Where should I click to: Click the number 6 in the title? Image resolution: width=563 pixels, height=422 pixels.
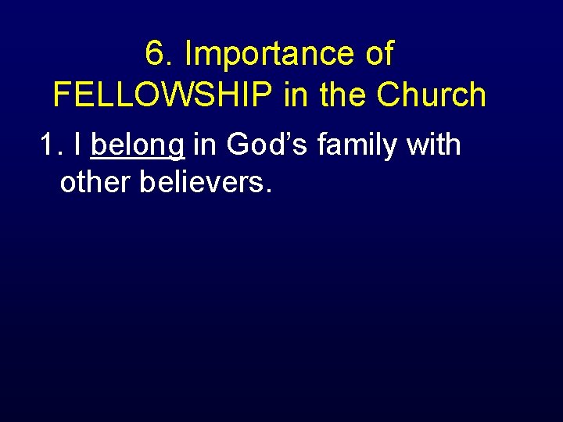pyautogui.click(x=154, y=55)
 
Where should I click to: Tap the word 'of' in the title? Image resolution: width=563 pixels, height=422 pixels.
pyautogui.click(x=379, y=55)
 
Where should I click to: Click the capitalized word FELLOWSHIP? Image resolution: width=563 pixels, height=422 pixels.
pyautogui.click(x=163, y=95)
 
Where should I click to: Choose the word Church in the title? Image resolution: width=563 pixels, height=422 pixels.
pyautogui.click(x=431, y=95)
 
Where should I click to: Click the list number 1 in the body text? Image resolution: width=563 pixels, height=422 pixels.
pyautogui.click(x=49, y=145)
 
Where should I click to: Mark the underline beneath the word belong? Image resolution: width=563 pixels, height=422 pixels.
pyautogui.click(x=138, y=159)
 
